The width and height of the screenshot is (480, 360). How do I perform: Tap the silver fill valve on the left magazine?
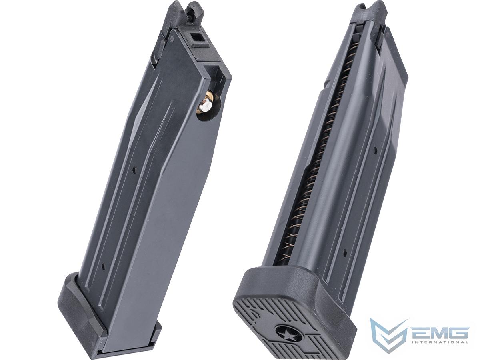tap(206, 107)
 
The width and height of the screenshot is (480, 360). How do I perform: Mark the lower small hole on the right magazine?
tap(344, 252)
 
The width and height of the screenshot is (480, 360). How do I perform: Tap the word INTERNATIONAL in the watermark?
tap(440, 342)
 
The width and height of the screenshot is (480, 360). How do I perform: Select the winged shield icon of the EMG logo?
tap(388, 334)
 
